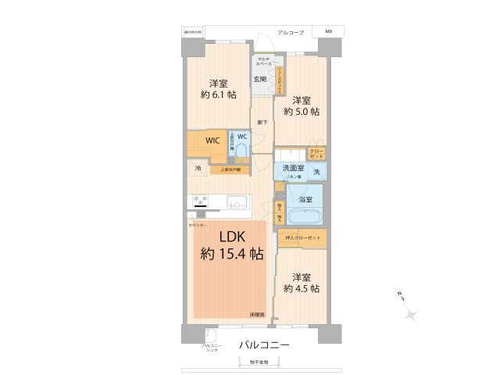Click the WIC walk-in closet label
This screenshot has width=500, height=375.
pos(212,141)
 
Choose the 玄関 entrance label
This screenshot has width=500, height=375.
pos(260,80)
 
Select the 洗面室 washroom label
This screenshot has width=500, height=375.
pos(293,168)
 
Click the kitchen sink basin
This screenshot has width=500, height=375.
pos(234,204)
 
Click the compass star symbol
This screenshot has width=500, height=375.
pos(412,314)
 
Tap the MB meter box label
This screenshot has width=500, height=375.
pos(327,32)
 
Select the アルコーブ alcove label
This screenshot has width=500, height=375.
pos(291,32)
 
